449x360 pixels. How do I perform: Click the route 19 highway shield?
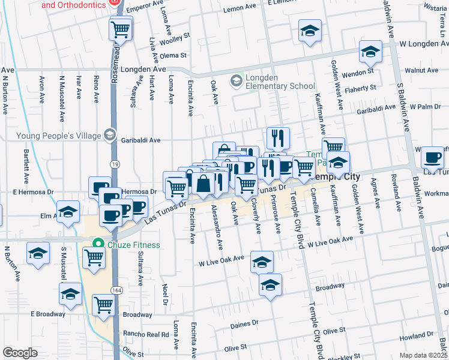114,163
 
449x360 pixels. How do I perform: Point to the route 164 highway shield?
114,289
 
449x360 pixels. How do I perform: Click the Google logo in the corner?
20,353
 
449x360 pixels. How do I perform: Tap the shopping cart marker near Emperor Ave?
121,29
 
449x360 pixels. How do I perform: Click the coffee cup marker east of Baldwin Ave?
432,157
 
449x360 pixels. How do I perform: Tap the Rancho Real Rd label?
145,334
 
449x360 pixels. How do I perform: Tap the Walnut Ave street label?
421,70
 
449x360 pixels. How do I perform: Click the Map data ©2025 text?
423,355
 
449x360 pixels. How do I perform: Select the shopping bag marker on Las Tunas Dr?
204,183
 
